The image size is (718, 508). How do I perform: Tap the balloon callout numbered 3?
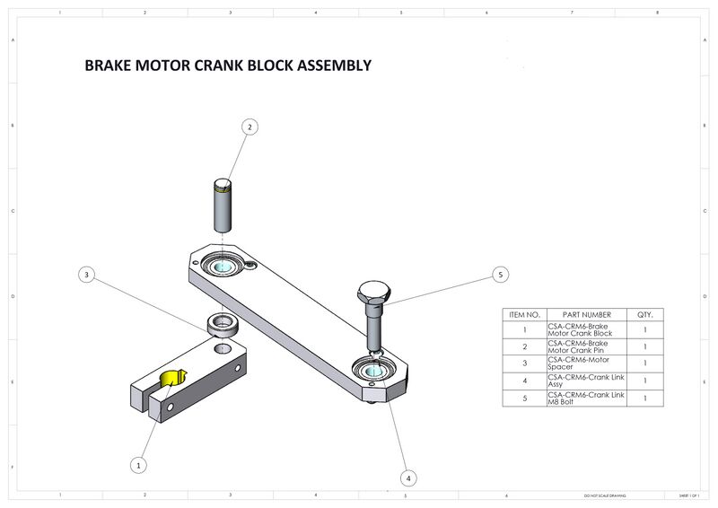(x=85, y=275)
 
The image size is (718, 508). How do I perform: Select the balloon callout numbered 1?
(x=138, y=465)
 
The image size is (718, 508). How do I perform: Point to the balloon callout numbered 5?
(x=501, y=275)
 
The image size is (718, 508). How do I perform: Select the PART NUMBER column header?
(x=585, y=315)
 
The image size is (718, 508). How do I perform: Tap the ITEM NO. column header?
(x=523, y=315)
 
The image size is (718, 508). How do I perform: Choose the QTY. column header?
(x=644, y=315)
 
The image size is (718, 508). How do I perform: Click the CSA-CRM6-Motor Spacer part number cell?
(x=585, y=363)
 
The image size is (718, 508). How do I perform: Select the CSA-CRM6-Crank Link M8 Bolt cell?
(x=585, y=398)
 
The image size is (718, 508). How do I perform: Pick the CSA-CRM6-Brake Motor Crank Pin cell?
(x=585, y=346)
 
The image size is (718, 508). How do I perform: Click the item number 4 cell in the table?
(x=523, y=381)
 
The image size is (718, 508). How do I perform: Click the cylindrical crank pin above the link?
(x=223, y=206)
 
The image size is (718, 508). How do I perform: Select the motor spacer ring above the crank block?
(x=221, y=324)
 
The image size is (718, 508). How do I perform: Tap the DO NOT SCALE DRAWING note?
(x=605, y=495)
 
